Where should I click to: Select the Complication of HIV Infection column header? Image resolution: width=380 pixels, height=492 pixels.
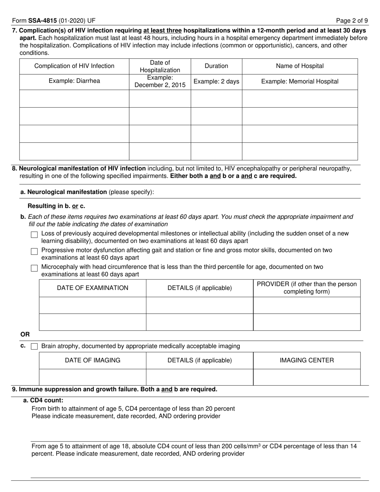(x=74, y=66)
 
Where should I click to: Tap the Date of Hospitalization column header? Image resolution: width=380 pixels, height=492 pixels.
(x=160, y=66)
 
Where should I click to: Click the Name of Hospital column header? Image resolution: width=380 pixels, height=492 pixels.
(x=300, y=66)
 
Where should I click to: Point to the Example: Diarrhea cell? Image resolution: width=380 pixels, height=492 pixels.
(x=74, y=82)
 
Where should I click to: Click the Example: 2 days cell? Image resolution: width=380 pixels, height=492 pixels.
(x=216, y=82)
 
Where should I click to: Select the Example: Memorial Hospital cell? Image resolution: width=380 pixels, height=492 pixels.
(x=300, y=82)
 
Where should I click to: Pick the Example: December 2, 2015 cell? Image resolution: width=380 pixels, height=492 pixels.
(x=160, y=82)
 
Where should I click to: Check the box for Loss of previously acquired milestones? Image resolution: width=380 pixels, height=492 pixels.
(x=34, y=235)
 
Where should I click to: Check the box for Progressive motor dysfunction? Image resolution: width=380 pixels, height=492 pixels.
(x=34, y=252)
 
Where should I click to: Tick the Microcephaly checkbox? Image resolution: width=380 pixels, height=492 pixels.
(x=34, y=268)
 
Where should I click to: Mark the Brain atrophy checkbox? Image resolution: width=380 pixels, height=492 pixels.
(x=34, y=346)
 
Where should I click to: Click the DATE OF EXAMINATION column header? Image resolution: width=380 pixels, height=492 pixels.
(x=92, y=288)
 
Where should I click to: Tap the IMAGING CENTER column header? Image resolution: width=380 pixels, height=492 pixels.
(x=306, y=360)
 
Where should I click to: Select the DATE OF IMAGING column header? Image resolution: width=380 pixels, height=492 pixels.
(x=92, y=360)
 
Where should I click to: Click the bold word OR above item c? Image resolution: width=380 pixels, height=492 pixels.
(x=25, y=334)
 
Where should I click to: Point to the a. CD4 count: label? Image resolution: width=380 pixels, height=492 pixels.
(x=43, y=400)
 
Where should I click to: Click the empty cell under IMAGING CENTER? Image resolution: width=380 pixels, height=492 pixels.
(x=306, y=377)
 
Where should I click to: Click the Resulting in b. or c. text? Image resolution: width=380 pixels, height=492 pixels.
(x=56, y=206)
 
